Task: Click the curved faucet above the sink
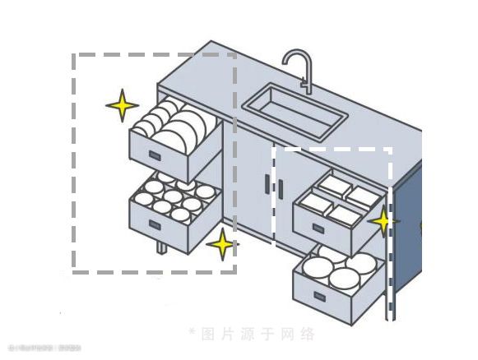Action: [298, 66]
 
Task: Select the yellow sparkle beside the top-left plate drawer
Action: [122, 105]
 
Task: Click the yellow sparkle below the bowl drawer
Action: [220, 244]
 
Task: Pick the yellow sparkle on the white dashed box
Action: [383, 221]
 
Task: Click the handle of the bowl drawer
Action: [154, 223]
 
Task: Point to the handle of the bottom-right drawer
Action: [317, 296]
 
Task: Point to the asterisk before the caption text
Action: [191, 333]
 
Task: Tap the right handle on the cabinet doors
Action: [280, 188]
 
